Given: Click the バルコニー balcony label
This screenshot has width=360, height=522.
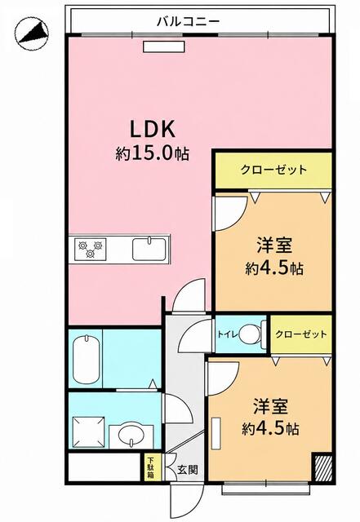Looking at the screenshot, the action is coord(189,22).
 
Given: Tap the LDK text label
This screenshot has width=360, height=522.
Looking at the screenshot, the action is coord(153,130).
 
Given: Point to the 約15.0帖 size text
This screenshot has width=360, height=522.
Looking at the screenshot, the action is coord(153,154).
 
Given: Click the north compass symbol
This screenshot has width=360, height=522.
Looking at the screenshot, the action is coord(32,34).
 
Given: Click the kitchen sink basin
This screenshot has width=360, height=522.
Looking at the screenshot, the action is coord(149,249).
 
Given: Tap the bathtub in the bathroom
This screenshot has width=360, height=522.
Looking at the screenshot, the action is coord(87,359).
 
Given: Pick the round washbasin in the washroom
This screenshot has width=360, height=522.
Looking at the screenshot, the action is coord(131,436).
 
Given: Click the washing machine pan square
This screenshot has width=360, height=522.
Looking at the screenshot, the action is coord(89,431).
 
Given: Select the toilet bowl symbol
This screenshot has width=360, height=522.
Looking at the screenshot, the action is coord(252,334).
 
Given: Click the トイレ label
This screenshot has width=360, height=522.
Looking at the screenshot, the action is coord(228,334).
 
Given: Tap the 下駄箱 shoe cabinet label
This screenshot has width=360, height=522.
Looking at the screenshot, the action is coord(151,468).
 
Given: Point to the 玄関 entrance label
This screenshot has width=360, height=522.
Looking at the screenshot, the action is coord(187,470).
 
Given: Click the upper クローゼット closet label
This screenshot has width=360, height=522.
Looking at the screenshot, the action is coord(273,170).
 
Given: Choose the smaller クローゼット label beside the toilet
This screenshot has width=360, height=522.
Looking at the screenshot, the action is coord(301,334).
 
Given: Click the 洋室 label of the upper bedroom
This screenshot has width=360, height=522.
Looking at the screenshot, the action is coord(274,245).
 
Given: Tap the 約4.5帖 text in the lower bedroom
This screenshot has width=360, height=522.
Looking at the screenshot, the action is coord(270,429).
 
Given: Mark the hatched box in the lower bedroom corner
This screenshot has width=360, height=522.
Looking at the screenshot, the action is coord(323,467).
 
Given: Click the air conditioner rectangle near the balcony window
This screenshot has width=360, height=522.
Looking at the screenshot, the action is coord(164,46).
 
